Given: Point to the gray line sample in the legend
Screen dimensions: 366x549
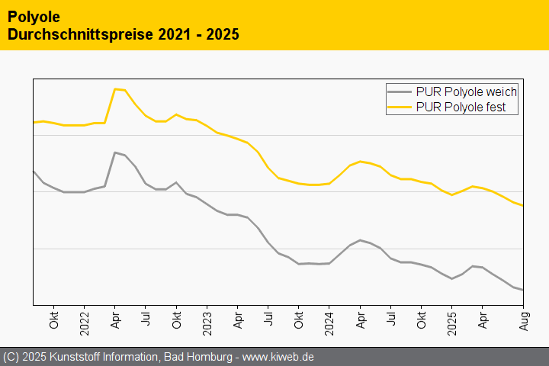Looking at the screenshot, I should (400, 91).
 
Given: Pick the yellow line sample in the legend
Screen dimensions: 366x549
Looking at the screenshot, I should (400, 108).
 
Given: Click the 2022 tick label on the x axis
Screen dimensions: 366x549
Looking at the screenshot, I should (85, 317).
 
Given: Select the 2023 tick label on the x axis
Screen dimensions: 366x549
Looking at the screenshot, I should (207, 317).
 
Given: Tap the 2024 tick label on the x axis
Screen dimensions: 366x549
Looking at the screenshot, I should (329, 317).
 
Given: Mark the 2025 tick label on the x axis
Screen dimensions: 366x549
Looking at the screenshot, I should (452, 317).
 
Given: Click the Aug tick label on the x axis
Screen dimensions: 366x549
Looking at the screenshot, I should (523, 319).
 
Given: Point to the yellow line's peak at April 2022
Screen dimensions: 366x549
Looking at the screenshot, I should (115, 88).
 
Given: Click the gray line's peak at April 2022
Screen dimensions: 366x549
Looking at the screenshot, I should (115, 152).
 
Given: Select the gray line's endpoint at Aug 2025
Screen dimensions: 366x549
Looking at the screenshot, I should (522, 290).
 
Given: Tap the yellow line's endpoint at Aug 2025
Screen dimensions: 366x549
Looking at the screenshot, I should (522, 206).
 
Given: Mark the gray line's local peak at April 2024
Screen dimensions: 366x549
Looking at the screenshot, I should (360, 240).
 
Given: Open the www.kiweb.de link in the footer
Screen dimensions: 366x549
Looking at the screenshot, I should (278, 357).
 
